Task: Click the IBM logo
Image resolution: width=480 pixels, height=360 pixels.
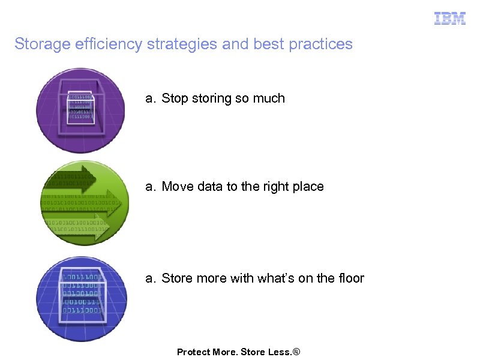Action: (449, 19)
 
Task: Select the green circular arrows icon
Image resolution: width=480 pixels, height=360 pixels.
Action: (83, 202)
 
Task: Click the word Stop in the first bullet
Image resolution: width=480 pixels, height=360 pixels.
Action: (175, 98)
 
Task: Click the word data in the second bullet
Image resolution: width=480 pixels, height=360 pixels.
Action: (209, 187)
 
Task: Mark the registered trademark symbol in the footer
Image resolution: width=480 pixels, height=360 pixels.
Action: (295, 352)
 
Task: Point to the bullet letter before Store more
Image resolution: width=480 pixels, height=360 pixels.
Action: (150, 278)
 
